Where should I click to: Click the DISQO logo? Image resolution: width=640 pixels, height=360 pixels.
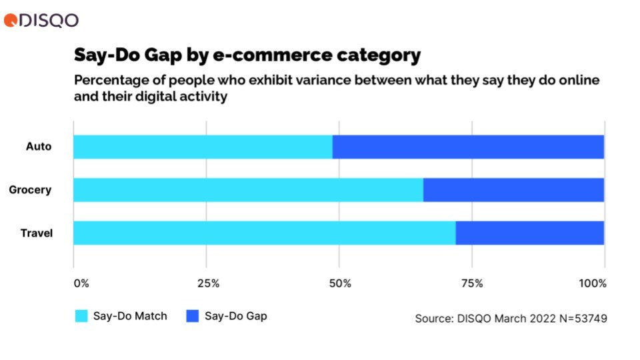pos(41,20)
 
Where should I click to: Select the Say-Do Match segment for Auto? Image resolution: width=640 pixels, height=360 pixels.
pos(203,147)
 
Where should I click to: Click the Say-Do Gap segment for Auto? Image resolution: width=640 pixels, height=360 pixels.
pos(468,147)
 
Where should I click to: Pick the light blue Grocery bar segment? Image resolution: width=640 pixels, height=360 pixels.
pos(248,190)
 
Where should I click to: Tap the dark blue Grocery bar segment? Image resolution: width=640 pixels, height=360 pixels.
pos(513,190)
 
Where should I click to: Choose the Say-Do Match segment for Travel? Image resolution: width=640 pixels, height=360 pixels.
pos(264,233)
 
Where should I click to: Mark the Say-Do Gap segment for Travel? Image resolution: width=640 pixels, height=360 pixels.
pos(529,233)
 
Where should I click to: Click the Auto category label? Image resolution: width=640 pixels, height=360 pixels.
pos(38,147)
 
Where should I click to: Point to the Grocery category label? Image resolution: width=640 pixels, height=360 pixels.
pos(30,190)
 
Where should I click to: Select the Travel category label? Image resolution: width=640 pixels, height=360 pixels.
pos(36,233)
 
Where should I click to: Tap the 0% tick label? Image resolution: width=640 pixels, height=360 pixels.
pos(81,283)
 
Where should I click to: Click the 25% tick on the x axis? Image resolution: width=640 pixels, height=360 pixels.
pos(209,283)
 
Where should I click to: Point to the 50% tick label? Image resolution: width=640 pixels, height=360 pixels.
pos(340,283)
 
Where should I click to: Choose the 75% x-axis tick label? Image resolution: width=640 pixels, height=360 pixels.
pos(472,283)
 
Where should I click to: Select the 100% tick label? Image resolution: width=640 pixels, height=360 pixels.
pos(593,283)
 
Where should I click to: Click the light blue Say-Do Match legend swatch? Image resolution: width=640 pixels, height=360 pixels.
pos(81,316)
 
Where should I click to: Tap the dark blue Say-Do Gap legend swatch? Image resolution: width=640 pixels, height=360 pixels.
pos(191,316)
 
